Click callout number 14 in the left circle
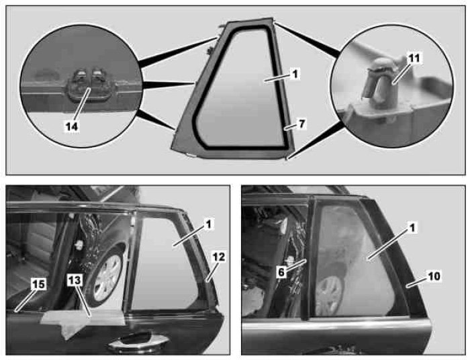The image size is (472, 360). tap(72, 126)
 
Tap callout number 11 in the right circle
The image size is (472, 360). tap(414, 58)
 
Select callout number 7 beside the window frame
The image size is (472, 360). tap(302, 124)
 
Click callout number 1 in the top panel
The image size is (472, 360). tap(295, 74)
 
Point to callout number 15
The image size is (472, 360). tap(38, 284)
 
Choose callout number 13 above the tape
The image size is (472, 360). tap(75, 280)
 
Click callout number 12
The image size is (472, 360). tap(218, 257)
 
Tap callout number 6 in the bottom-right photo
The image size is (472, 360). tap(281, 273)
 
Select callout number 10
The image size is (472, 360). tap(434, 276)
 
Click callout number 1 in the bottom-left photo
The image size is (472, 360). tap(209, 224)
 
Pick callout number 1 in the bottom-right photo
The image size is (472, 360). tap(412, 228)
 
